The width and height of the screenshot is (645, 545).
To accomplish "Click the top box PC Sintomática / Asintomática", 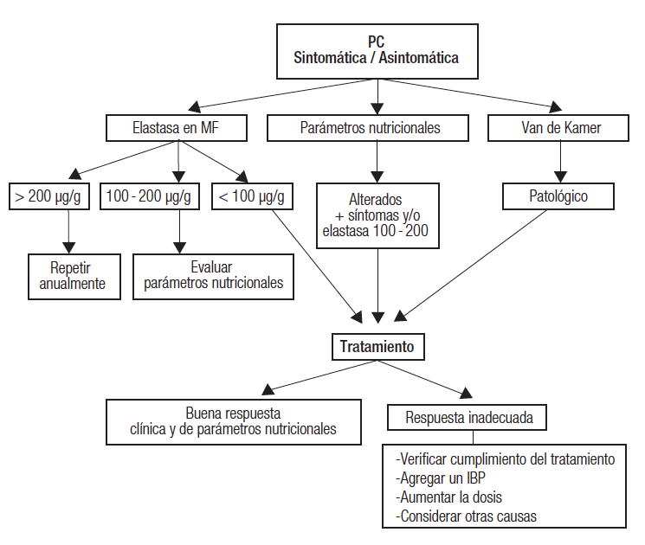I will click(375, 51).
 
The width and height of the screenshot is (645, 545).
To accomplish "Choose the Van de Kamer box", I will click(562, 128).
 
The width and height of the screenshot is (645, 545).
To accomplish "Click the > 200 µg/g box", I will click(48, 196).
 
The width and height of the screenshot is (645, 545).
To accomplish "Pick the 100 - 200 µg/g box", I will click(150, 196).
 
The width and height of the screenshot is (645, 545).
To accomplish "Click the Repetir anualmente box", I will click(74, 276).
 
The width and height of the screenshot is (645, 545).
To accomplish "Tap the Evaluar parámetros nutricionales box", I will click(213, 276).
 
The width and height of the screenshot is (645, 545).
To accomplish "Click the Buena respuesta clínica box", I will click(233, 420).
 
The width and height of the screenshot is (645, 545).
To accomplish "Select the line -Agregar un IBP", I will click(441, 478).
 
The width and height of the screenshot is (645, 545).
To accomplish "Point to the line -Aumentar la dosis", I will click(448, 498).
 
